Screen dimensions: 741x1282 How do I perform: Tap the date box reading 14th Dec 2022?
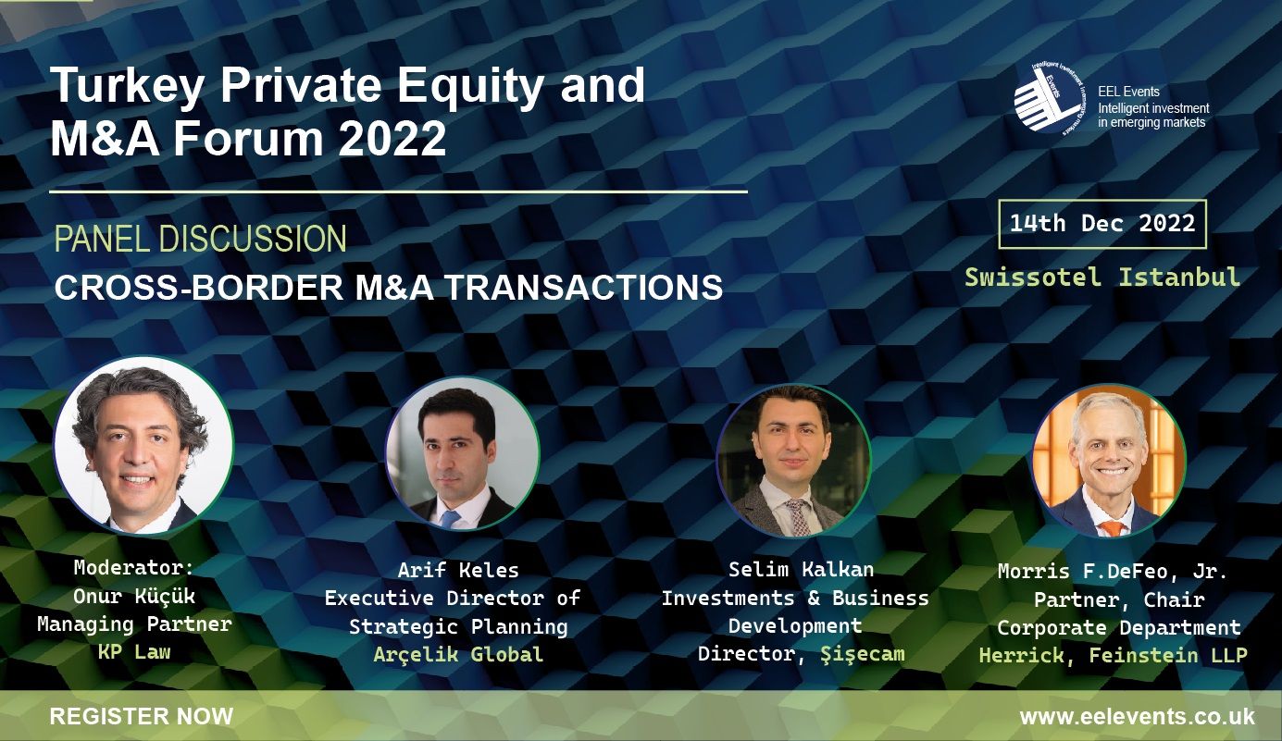(1102, 224)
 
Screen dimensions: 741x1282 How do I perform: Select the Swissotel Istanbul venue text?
(1102, 278)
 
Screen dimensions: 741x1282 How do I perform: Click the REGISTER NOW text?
(141, 716)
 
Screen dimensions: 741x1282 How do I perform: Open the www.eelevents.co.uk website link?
(1137, 716)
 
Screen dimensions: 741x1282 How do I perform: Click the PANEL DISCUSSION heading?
(200, 240)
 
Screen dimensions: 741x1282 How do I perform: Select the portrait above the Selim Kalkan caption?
(793, 460)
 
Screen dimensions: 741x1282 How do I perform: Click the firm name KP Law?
(134, 650)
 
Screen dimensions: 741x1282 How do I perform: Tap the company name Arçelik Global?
(458, 655)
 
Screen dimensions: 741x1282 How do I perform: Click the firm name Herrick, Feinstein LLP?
(1114, 656)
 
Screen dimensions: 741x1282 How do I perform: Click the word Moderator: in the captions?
(134, 567)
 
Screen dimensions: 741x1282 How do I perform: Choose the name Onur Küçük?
(134, 596)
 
